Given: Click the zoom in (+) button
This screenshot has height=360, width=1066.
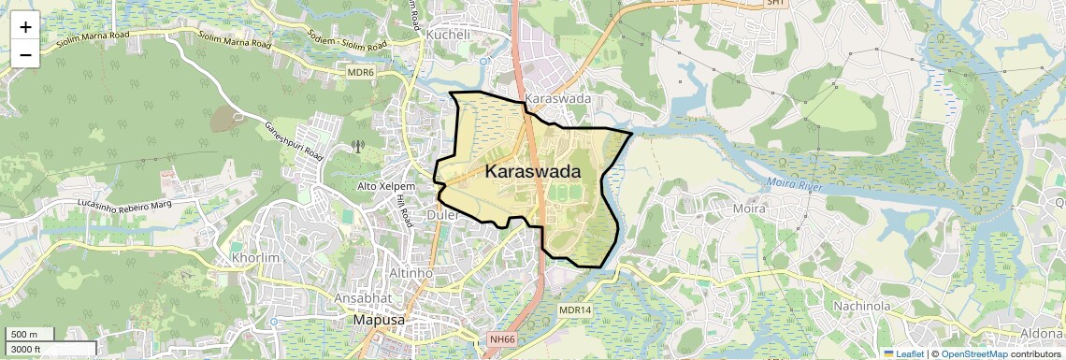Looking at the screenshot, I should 25,27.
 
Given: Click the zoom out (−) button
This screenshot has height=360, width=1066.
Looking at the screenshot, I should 25,54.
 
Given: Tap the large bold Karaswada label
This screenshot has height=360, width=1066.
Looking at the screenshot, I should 532,172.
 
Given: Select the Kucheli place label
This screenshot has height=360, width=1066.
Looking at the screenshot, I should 448,34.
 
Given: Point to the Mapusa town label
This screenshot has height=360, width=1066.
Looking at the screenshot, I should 379,320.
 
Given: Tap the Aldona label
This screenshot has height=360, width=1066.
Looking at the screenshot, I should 1044,334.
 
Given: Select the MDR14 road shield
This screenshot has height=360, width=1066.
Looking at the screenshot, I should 575,310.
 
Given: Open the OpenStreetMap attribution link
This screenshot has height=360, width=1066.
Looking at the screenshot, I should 973,353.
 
